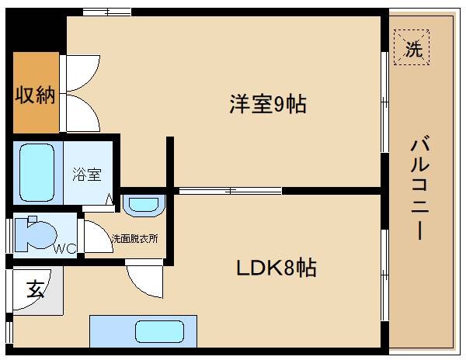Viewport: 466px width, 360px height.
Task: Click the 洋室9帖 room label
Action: (267, 103)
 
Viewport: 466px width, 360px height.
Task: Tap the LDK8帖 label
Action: (276, 268)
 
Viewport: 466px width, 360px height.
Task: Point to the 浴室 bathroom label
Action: (87, 175)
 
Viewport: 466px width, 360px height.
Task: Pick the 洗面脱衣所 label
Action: (134, 239)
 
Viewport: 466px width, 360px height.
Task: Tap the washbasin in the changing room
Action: (142, 204)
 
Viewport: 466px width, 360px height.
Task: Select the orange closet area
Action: (36, 93)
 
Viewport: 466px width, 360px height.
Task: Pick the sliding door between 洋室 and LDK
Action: (231, 190)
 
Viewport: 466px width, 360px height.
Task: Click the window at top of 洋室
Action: (107, 12)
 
